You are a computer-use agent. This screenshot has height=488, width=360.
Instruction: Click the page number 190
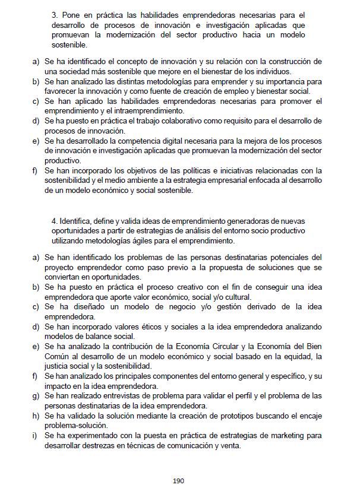click(x=179, y=480)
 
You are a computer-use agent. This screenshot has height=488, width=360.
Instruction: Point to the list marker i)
click(x=34, y=435)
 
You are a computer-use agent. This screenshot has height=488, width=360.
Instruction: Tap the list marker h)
click(x=35, y=416)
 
